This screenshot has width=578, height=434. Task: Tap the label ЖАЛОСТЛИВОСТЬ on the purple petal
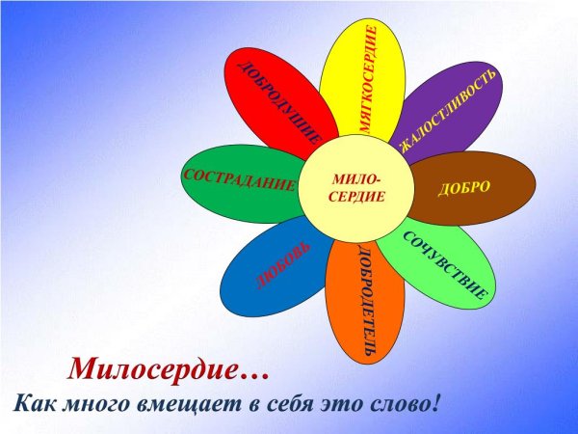(449, 108)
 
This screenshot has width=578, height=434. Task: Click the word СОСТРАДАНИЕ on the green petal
(238, 180)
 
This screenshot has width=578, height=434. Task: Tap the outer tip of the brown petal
(535, 185)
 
